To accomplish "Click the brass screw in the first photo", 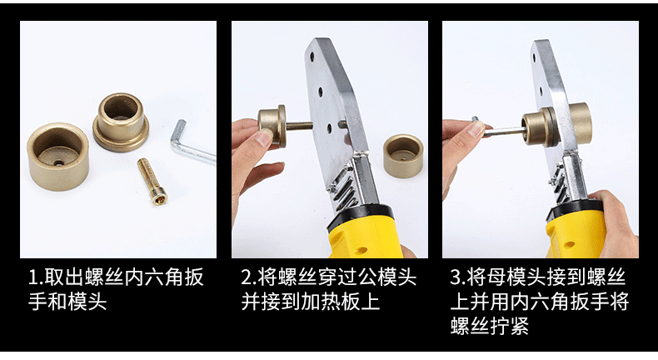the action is pos(152,181).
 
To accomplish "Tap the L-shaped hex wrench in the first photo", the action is pos(190,147).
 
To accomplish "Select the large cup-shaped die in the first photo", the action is pos(58,157).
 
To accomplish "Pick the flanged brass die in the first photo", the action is pos(121,122).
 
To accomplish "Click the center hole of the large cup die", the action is pos(57,162).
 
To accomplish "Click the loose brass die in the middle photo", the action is pos(403,156).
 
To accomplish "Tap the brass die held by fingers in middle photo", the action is pos(272,125).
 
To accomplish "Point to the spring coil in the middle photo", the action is pos(343,192).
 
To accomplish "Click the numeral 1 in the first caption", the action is pos(32,277).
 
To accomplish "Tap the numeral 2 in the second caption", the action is pos(246,277).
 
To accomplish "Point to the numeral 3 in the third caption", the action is pos(456,277).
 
